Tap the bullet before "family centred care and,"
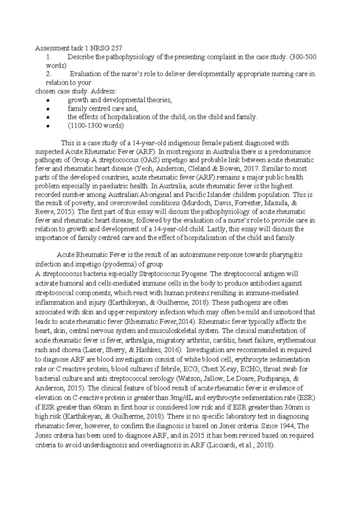tap(47, 109)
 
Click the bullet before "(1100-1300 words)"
tap(47, 126)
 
